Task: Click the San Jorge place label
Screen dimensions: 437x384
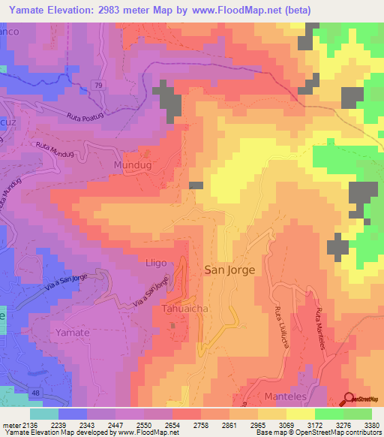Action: pyautogui.click(x=229, y=269)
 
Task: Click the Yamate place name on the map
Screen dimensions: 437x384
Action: pyautogui.click(x=73, y=332)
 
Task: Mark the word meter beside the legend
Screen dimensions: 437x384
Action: pyautogui.click(x=8, y=424)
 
